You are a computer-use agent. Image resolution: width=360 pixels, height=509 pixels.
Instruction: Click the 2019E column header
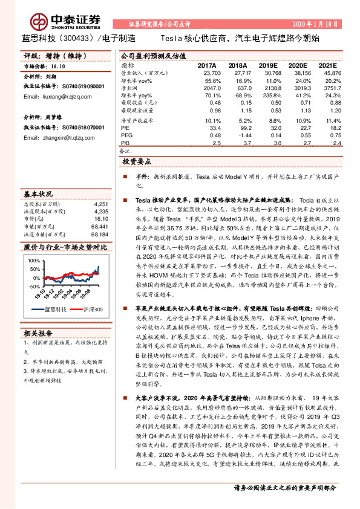[270, 65]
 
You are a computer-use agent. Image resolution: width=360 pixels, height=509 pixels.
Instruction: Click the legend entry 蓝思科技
[54, 310]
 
